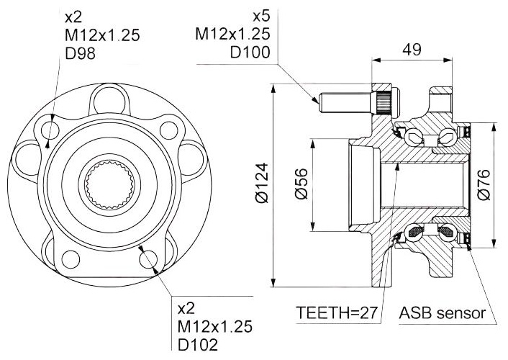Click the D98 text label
point(81,53)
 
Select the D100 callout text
point(250,53)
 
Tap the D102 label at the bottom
point(198,345)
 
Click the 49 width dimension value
point(412,50)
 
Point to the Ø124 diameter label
point(263,184)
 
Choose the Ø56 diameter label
point(301,184)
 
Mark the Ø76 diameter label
point(484,185)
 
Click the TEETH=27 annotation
point(337,313)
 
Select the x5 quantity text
point(261,17)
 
